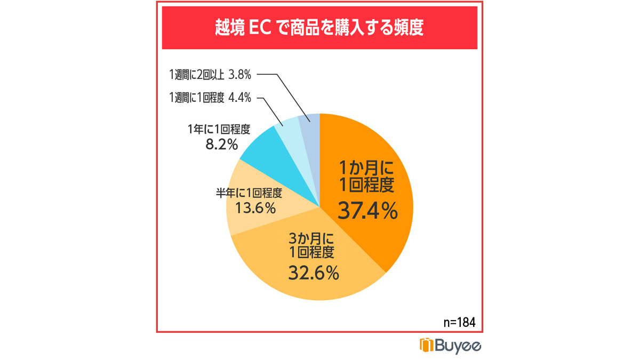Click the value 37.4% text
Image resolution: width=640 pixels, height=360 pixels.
[x=368, y=211]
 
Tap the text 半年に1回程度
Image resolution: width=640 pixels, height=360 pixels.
[x=248, y=192]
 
